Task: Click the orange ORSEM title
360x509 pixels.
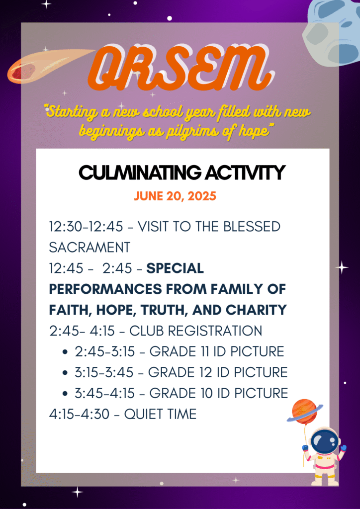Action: point(179,69)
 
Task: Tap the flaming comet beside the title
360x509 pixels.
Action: point(49,66)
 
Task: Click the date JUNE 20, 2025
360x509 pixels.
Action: point(176,196)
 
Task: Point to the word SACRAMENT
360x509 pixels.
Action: point(90,248)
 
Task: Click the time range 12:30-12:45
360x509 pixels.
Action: point(86,227)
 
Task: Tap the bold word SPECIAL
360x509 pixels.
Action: point(175,268)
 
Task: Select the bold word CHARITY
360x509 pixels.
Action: point(256,310)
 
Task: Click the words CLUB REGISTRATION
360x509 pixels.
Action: point(196,331)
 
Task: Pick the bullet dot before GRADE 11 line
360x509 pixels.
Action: point(66,352)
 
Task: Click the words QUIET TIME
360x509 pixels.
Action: point(161,415)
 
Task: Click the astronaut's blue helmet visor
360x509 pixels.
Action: point(323,443)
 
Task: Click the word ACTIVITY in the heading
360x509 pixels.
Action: point(245,172)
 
